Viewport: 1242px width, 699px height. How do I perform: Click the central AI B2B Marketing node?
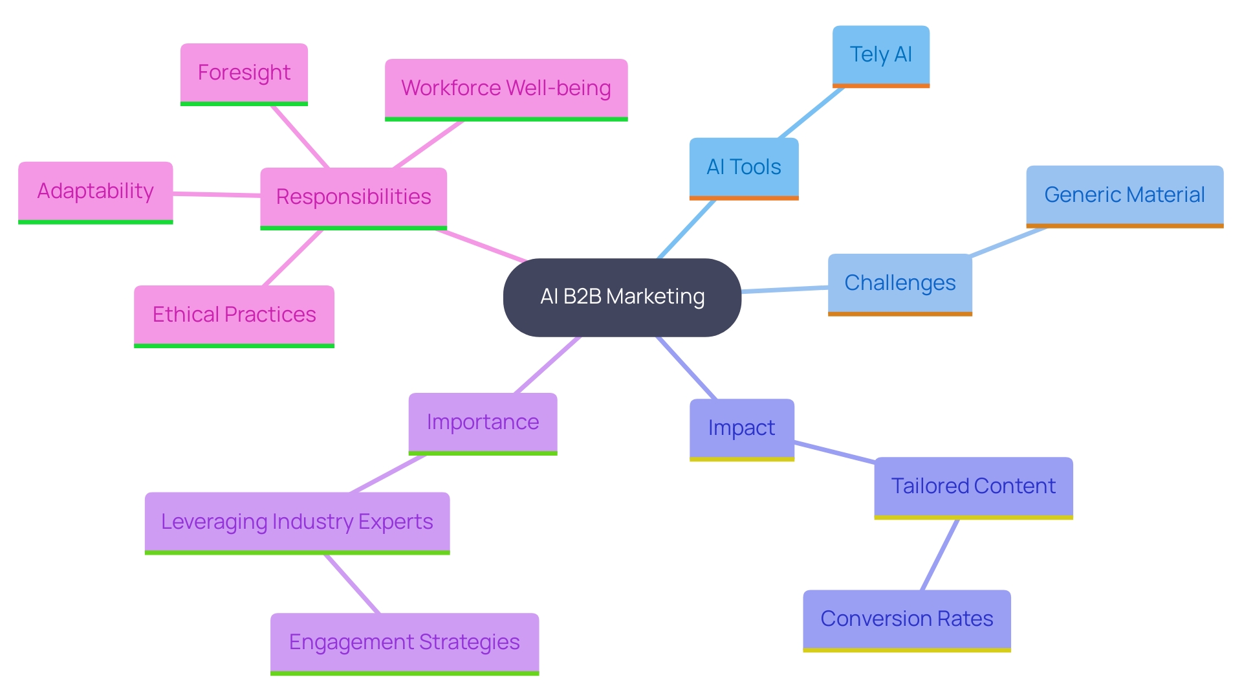[x=622, y=297]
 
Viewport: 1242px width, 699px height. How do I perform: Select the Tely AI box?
[x=880, y=55]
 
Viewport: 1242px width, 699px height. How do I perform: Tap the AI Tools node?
[x=744, y=168]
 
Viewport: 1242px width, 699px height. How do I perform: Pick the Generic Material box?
[x=1124, y=195]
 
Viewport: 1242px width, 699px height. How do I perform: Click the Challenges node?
[x=900, y=283]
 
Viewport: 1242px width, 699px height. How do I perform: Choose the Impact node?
[x=741, y=428]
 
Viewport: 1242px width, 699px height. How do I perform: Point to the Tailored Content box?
[x=973, y=487]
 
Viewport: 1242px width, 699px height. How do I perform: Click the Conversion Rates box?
[x=906, y=619]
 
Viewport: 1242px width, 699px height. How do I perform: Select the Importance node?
[x=483, y=423]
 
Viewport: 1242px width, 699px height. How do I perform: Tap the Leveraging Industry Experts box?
[x=297, y=522]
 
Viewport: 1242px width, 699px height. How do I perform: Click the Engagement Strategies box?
[x=404, y=643]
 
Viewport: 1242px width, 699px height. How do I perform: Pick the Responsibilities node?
[x=353, y=197]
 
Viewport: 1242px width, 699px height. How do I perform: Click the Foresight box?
[x=244, y=73]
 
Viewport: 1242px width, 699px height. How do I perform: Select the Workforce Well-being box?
[x=506, y=89]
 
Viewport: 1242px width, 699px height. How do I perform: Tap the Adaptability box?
[x=95, y=192]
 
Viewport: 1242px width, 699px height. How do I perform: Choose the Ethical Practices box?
[x=234, y=315]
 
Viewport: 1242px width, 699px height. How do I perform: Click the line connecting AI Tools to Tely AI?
[x=811, y=113]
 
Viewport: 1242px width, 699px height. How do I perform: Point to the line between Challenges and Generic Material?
[x=1008, y=242]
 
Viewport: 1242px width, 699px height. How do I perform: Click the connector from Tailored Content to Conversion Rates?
[x=939, y=555]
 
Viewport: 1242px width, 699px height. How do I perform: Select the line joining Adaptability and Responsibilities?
[x=217, y=194]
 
